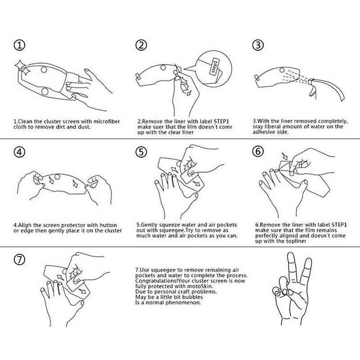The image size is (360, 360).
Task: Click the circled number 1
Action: [x=20, y=45]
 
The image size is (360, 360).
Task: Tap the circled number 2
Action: [x=141, y=45]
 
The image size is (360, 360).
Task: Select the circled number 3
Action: [x=258, y=45]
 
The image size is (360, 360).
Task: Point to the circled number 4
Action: [x=20, y=152]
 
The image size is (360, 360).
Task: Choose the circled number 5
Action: [x=141, y=152]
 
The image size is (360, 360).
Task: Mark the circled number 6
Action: [x=258, y=151]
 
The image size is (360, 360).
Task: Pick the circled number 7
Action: [x=20, y=259]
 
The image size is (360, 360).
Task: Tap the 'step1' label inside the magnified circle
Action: [x=214, y=66]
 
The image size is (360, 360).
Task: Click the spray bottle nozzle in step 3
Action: [x=311, y=82]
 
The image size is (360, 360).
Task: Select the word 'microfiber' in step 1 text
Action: [x=106, y=121]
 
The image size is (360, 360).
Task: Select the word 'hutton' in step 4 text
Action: [x=109, y=225]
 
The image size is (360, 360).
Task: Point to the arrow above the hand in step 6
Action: [x=285, y=156]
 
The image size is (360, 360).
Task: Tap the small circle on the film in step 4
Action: [x=57, y=177]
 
